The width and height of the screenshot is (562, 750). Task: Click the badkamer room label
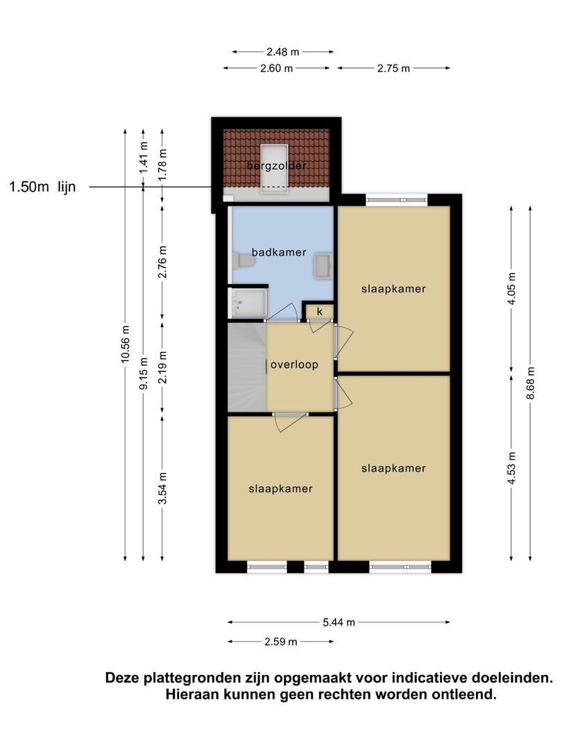[279, 252]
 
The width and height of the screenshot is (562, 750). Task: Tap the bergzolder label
[276, 166]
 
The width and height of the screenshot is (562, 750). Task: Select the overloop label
[294, 365]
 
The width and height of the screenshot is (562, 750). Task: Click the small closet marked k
[320, 312]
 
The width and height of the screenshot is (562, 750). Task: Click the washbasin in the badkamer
[323, 265]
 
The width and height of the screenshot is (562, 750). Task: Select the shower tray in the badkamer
[248, 302]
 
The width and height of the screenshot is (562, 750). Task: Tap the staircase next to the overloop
[246, 367]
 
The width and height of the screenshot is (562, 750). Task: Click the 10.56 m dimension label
[125, 344]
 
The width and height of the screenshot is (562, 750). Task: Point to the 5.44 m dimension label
[339, 622]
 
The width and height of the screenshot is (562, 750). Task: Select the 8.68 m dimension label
[531, 383]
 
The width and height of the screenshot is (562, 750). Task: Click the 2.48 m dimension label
[283, 51]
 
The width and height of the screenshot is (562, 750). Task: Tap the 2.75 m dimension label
[394, 68]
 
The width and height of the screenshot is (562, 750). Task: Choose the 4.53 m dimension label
[512, 468]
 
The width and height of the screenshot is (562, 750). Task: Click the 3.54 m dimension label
[163, 488]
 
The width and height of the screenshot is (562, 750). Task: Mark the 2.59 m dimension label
[281, 642]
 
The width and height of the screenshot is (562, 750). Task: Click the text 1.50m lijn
[42, 187]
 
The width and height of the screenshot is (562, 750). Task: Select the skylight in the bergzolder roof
[274, 168]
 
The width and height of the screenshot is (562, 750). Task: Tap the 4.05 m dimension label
[512, 289]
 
